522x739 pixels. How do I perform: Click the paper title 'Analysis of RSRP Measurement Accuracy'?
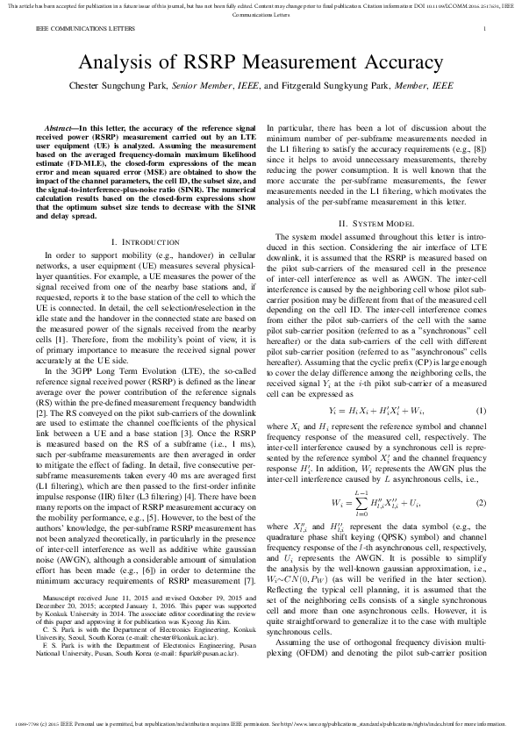coord(261,63)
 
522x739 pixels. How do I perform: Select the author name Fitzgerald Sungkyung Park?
coord(336,87)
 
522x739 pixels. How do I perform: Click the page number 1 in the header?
coord(484,29)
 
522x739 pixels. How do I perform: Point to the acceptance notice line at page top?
coord(261,8)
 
